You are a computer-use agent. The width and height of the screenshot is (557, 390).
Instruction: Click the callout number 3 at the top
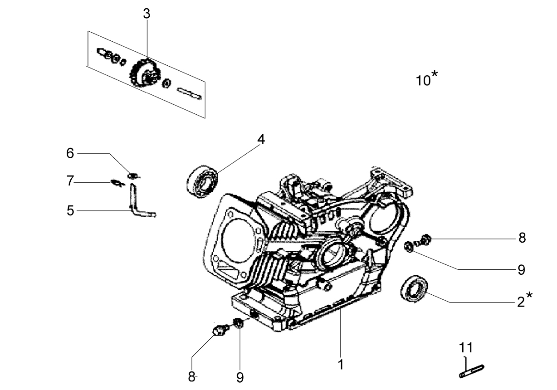[147, 14]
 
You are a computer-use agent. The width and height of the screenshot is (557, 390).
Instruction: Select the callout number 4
[261, 139]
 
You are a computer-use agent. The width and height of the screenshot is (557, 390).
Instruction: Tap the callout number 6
[70, 153]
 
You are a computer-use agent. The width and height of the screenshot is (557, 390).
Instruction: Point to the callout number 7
[70, 180]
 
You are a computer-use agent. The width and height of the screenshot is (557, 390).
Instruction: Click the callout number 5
[70, 210]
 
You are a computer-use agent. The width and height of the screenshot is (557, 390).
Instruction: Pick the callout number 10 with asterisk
[427, 78]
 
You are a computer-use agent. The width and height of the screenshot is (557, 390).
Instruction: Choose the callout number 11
[466, 347]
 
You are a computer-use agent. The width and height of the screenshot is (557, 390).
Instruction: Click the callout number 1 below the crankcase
[341, 365]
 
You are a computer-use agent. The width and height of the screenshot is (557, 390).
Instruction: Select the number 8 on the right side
[522, 238]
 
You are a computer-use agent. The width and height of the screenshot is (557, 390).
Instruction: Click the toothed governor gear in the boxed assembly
[145, 73]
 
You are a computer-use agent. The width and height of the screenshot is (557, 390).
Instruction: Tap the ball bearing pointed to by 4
[202, 182]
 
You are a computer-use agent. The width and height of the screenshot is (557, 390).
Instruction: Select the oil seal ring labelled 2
[414, 288]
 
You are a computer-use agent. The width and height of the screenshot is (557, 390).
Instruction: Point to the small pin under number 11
[471, 371]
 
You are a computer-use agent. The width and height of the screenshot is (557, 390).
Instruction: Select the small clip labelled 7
[117, 183]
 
